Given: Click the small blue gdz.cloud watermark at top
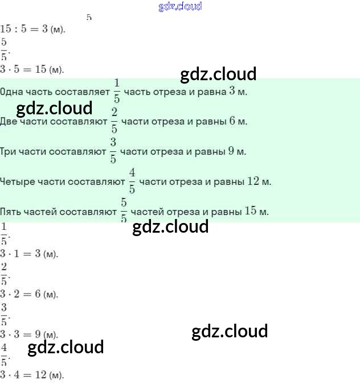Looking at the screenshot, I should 180,7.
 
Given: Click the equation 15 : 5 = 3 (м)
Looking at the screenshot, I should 32,28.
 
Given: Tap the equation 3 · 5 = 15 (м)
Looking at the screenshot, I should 32,69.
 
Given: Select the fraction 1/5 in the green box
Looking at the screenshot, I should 117,91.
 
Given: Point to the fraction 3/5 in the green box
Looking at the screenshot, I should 113,151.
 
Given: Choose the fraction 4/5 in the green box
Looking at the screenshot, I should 132,181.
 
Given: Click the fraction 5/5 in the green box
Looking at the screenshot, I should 124,212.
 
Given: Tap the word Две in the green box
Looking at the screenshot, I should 9,122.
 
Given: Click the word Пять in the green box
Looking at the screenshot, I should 11,212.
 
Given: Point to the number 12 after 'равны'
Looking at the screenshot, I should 253,181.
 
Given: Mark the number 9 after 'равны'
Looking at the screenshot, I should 231,151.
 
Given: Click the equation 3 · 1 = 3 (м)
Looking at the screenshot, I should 29,254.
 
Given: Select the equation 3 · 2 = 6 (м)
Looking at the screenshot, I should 29,294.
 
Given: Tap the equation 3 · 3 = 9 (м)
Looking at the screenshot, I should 29,335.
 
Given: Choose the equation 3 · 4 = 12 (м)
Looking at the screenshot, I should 32,375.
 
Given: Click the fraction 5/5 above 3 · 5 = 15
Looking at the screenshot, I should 4,49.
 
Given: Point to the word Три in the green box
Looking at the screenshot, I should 9,152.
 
